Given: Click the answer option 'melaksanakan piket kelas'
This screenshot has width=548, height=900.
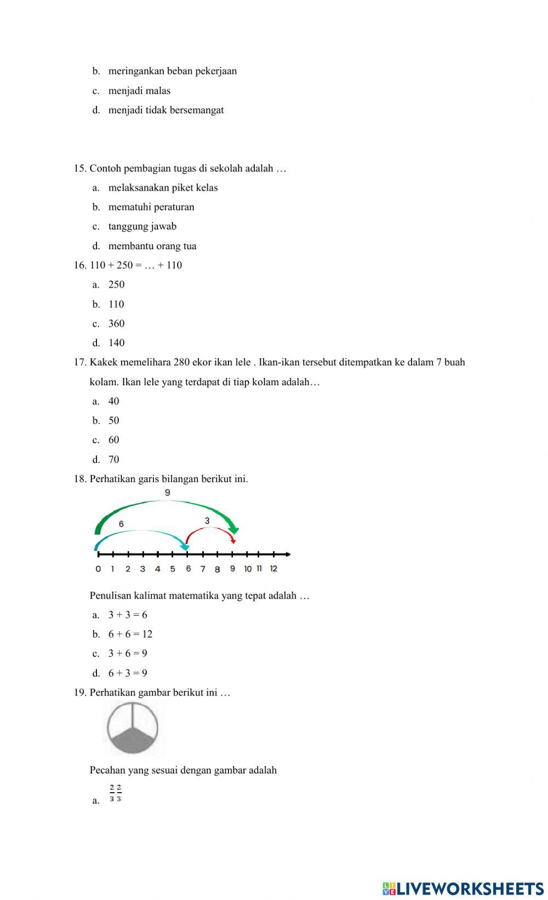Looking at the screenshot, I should [x=163, y=188].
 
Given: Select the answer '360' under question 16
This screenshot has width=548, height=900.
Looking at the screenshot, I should [x=116, y=324].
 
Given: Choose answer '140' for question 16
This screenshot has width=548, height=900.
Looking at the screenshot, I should [x=116, y=343].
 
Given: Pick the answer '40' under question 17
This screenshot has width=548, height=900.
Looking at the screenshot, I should [x=113, y=402].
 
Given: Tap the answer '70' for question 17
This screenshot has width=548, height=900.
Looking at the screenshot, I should [x=113, y=460].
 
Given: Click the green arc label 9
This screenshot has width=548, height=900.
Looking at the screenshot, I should [x=167, y=493].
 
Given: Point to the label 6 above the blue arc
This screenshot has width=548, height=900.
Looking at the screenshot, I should [x=121, y=524].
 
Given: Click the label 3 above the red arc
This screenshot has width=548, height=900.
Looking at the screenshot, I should [x=207, y=521].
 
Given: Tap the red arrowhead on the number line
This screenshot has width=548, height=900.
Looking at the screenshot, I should [x=233, y=540].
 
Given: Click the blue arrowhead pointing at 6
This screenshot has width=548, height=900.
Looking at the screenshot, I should [x=185, y=546].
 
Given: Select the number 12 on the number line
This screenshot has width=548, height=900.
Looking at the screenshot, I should [x=273, y=569].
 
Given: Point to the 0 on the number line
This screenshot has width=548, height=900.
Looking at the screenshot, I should [x=98, y=569].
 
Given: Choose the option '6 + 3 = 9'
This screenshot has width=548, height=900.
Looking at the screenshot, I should [x=128, y=673].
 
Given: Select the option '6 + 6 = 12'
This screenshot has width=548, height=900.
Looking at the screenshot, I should [x=130, y=634].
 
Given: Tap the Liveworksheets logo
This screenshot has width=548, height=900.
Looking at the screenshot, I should [x=463, y=888].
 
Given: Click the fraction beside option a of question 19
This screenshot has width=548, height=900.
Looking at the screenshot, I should [x=115, y=793].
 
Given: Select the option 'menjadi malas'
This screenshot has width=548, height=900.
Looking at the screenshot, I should [x=139, y=91].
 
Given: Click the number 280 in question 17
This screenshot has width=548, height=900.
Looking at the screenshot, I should [x=181, y=363].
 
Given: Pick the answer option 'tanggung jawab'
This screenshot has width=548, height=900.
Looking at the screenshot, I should [x=142, y=227].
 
